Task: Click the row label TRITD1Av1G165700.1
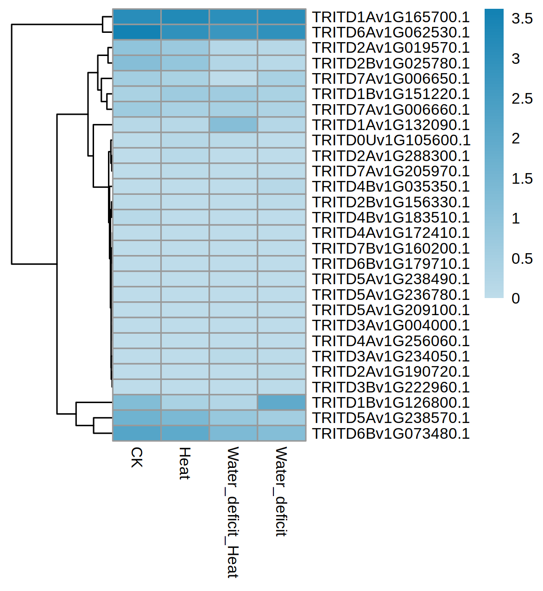click(391, 17)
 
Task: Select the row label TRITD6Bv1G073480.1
click(391, 434)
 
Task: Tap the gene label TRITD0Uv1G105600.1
click(391, 140)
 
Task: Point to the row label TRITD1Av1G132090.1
click(391, 125)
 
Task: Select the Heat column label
click(185, 463)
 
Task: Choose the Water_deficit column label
click(281, 491)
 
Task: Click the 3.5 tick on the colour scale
click(522, 19)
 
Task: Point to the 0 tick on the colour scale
click(516, 299)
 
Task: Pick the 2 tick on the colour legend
click(516, 139)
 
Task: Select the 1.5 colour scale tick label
click(522, 179)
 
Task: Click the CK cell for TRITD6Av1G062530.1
click(137, 32)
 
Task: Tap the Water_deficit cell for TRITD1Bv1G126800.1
click(282, 403)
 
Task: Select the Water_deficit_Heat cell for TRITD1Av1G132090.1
click(233, 125)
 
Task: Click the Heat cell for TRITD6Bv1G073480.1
click(185, 434)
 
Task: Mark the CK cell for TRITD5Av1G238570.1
click(137, 418)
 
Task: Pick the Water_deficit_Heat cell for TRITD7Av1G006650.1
click(233, 79)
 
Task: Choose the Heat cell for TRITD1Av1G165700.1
click(185, 17)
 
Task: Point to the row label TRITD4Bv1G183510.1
click(391, 218)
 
